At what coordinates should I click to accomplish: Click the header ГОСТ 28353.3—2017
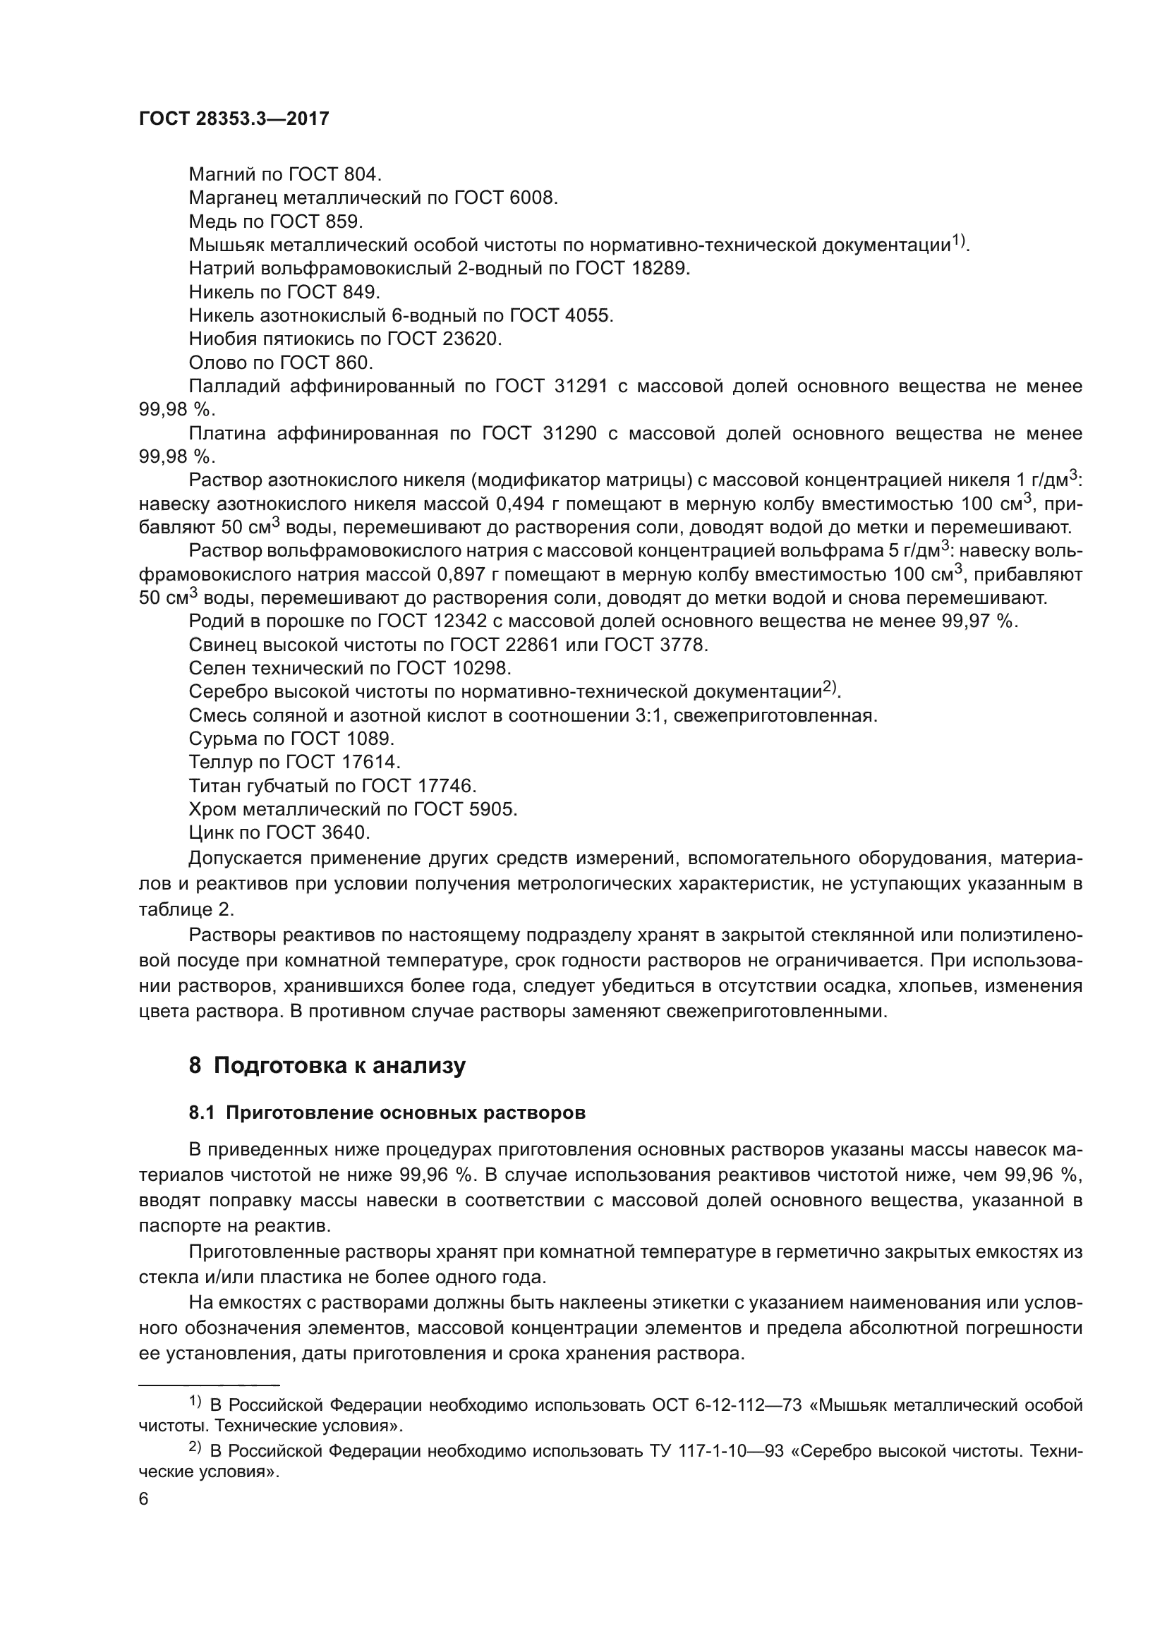[234, 119]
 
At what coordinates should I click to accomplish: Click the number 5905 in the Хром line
[492, 809]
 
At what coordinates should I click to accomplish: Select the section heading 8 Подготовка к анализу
[327, 1065]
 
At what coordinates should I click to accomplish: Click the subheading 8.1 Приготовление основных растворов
[387, 1113]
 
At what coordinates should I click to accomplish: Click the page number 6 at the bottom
[144, 1499]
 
